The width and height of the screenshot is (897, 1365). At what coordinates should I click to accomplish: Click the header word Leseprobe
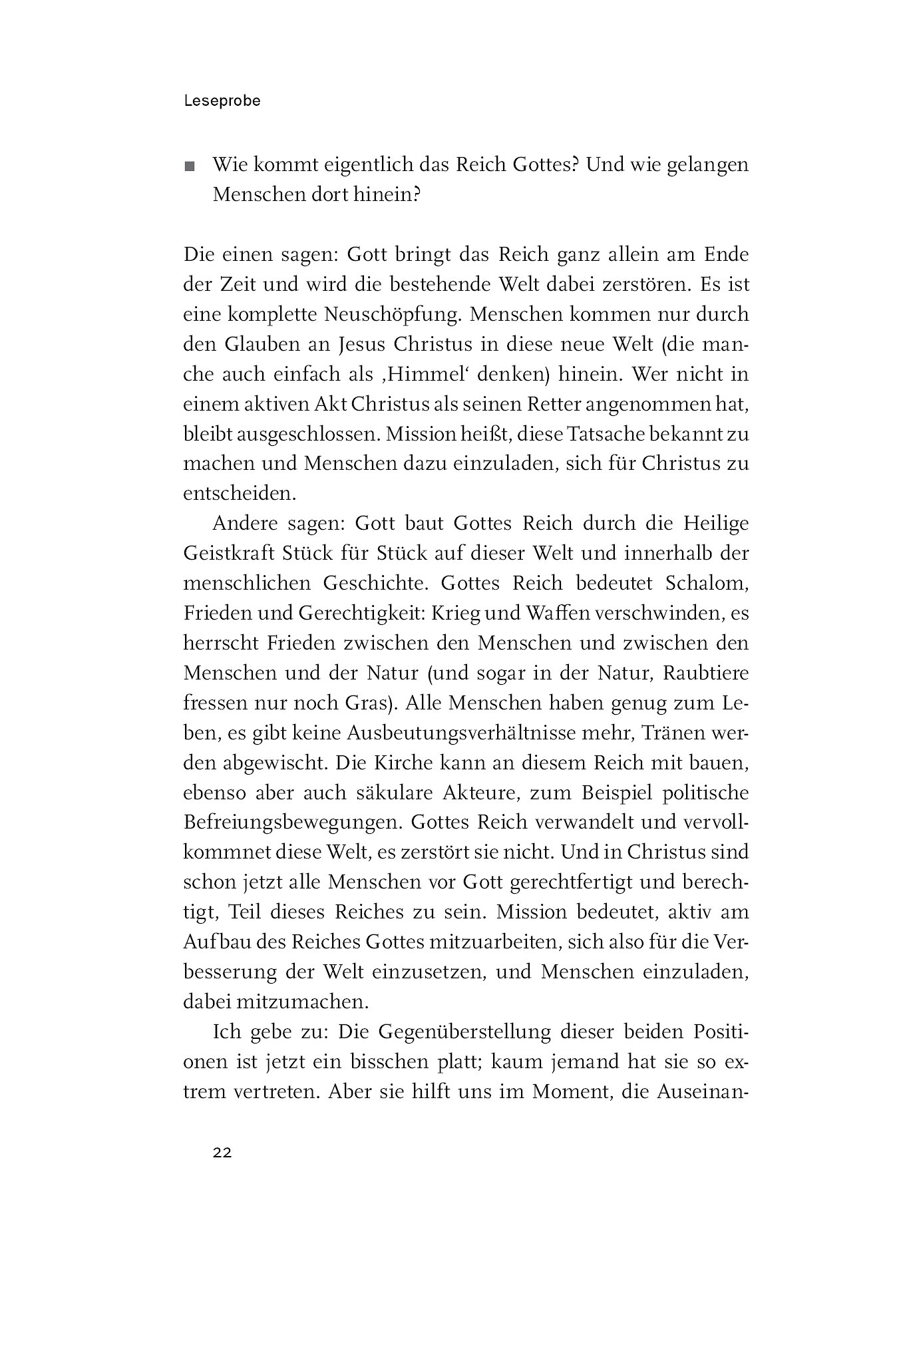(x=222, y=101)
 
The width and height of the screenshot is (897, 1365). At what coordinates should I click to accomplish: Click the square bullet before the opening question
(x=191, y=167)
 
